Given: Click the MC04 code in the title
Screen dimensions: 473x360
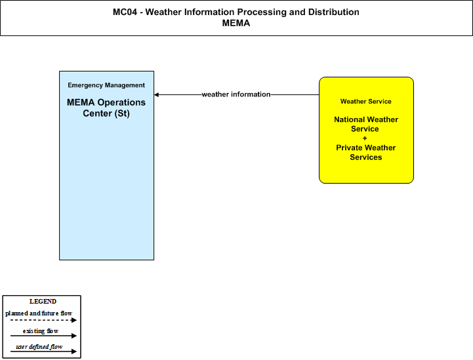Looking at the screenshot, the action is [x=125, y=12].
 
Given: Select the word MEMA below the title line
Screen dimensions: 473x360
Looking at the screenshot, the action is [x=236, y=23].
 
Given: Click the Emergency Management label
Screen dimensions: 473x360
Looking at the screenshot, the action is [x=106, y=85].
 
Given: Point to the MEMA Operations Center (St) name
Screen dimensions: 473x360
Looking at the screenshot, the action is [x=106, y=108].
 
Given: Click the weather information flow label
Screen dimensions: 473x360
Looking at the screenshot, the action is [x=236, y=94].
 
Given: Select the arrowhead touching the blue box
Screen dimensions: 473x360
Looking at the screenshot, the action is [x=156, y=94].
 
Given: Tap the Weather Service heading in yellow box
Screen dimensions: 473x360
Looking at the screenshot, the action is [x=366, y=101].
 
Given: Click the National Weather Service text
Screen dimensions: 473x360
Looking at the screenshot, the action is [x=366, y=124].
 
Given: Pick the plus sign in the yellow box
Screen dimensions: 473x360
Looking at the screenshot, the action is [x=365, y=138].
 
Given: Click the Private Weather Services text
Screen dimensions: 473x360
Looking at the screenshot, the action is [x=366, y=152].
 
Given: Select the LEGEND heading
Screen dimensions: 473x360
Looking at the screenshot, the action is [x=43, y=302].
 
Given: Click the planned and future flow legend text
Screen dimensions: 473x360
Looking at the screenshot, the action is [x=39, y=313].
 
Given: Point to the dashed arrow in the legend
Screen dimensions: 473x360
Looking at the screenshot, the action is [x=44, y=320].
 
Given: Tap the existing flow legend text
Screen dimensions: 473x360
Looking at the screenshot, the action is [x=41, y=331].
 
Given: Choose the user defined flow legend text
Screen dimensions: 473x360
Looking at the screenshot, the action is [x=39, y=347].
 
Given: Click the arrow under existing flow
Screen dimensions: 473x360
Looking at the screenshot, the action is [x=44, y=336].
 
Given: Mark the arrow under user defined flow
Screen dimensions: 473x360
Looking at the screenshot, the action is [x=44, y=351].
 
